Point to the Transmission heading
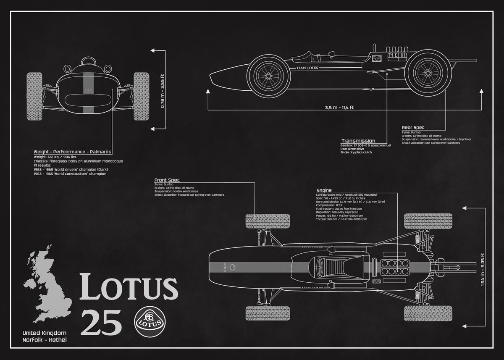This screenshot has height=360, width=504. click(358, 141)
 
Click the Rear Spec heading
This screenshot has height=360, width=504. click(413, 127)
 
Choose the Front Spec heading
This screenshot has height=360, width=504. click(167, 180)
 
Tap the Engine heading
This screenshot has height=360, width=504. click(324, 190)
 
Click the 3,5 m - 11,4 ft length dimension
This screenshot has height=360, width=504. click(339, 108)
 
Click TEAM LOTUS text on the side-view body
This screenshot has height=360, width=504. click(307, 68)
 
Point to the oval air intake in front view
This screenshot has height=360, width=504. click(88, 101)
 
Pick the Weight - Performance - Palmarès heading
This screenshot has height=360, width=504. click(73, 152)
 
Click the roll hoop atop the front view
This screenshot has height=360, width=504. click(88, 61)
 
